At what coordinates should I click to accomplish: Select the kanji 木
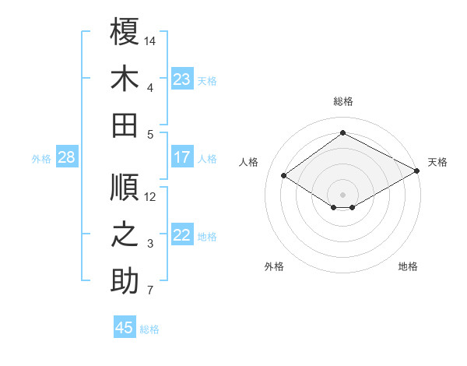(x=125, y=79)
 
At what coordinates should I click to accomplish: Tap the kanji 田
(x=125, y=125)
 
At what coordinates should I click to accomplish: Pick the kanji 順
(x=125, y=187)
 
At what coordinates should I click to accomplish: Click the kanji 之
(x=125, y=235)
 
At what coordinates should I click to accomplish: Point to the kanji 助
(x=125, y=282)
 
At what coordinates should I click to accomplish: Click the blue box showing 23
(x=182, y=79)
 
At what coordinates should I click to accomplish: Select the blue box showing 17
(x=182, y=157)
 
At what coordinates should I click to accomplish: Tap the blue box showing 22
(x=182, y=235)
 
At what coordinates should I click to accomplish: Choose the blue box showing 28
(x=66, y=157)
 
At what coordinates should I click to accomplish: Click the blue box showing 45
(x=125, y=328)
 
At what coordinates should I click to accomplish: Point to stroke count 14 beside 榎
(x=151, y=39)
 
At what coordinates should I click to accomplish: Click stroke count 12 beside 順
(x=151, y=196)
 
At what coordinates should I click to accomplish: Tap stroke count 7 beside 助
(x=150, y=291)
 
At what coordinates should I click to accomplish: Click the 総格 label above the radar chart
(x=343, y=101)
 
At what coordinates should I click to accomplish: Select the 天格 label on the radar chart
(x=437, y=162)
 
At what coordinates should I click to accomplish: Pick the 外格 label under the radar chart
(x=274, y=266)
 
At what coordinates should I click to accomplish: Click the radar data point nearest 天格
(x=417, y=172)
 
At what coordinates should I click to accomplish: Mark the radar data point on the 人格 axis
(x=284, y=176)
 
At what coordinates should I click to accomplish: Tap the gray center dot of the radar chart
(x=342, y=193)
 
